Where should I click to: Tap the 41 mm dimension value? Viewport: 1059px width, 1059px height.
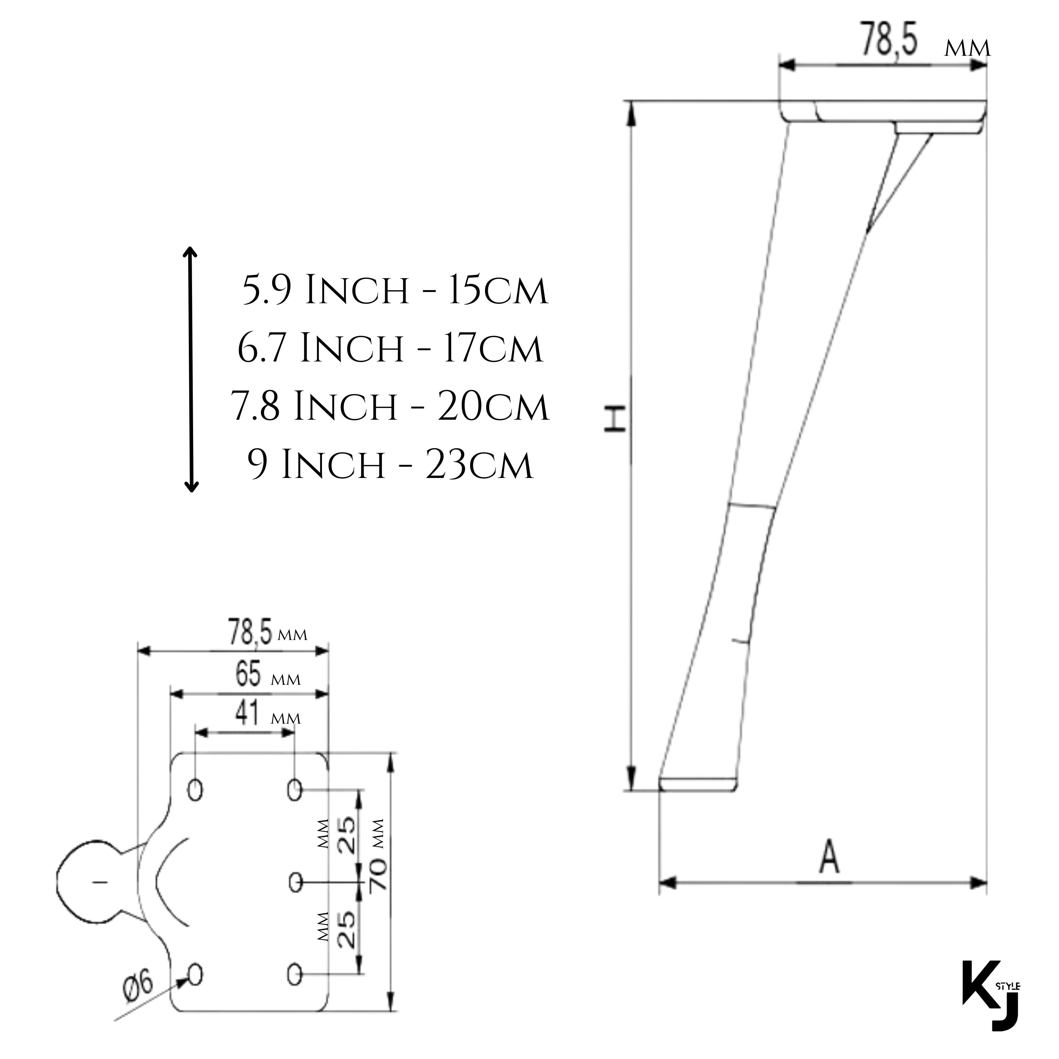pos(248,714)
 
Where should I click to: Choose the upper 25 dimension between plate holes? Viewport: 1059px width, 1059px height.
pos(346,836)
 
